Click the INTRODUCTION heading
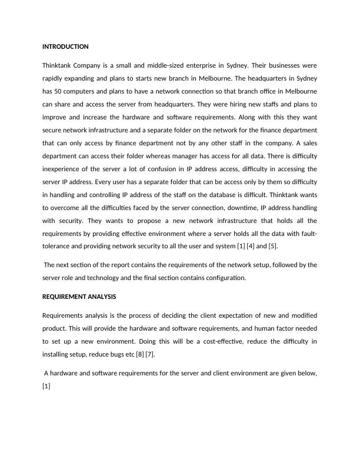pos(65,46)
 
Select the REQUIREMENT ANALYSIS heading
pos(79,297)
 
